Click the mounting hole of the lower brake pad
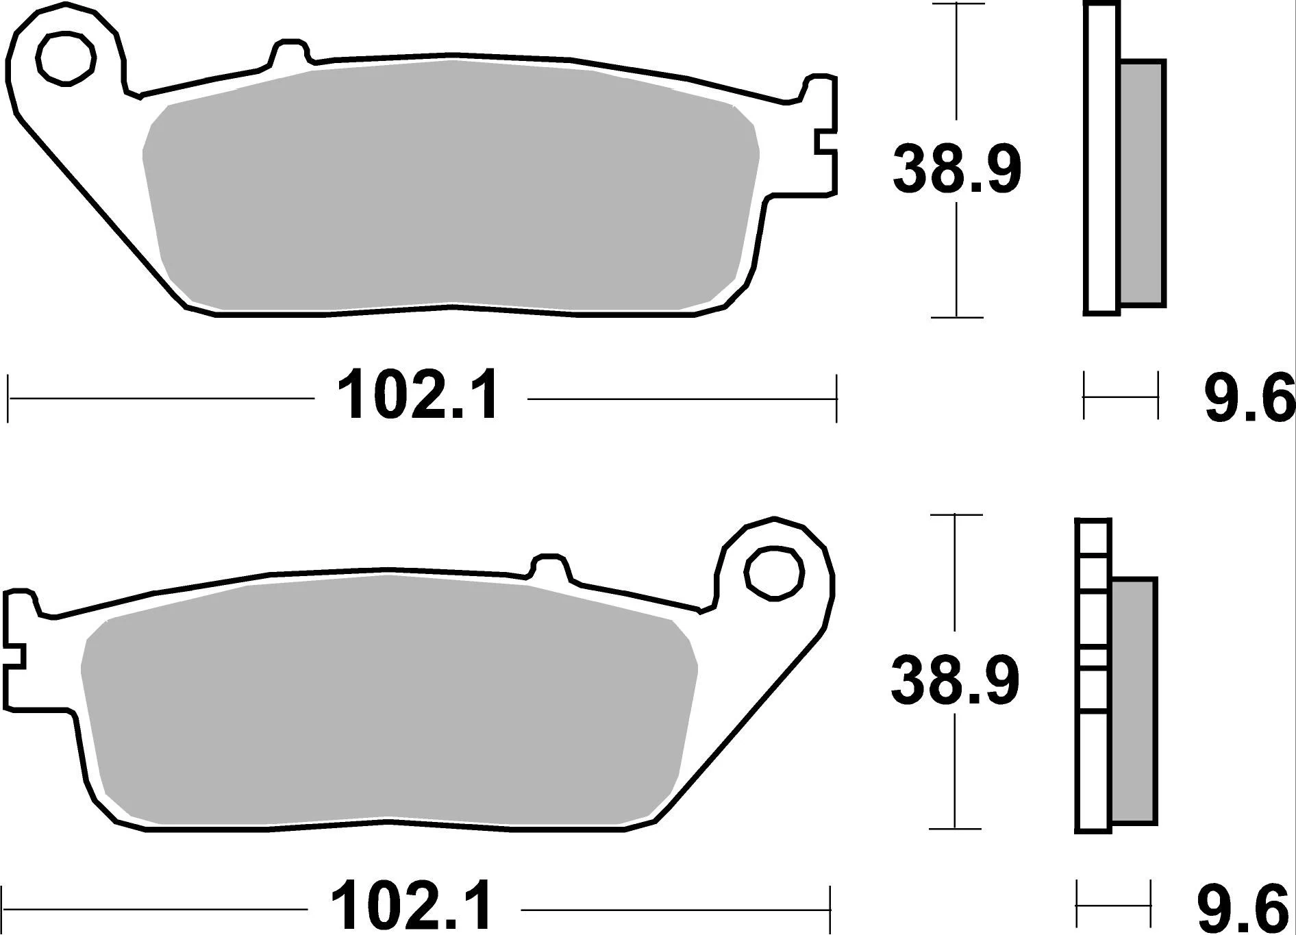[774, 574]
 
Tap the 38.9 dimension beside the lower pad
[955, 680]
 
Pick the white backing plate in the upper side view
[1101, 158]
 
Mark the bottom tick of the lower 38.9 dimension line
[955, 828]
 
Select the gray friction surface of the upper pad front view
[452, 185]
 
